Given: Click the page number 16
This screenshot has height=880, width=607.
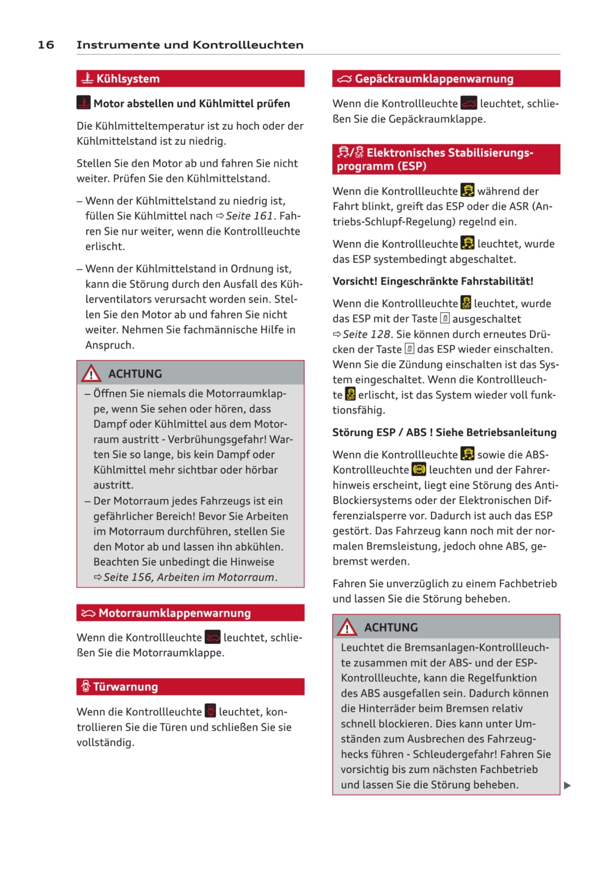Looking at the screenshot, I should coord(46,45).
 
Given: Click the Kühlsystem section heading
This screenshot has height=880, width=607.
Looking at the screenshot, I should coord(128,79).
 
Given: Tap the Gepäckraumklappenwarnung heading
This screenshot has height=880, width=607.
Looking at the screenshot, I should coord(434,79).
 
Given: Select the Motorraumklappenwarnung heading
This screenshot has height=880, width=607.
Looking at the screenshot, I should coord(174,613).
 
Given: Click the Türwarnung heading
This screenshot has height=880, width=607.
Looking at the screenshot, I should coord(125,687).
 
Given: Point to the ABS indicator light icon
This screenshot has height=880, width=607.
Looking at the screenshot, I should coord(419,470).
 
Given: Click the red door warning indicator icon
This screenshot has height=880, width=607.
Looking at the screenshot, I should coord(210,711).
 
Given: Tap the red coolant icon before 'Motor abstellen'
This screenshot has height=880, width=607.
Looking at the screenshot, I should coord(83,103).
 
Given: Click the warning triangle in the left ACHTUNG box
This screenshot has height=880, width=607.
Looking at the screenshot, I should coord(91,373).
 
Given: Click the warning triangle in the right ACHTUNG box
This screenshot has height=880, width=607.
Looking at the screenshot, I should coord(347,627).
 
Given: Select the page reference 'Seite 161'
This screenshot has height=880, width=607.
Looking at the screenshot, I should coord(249,216).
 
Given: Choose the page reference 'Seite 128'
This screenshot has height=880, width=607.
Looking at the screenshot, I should coord(367,334).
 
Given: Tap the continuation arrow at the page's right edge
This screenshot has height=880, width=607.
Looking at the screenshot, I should coord(567,785).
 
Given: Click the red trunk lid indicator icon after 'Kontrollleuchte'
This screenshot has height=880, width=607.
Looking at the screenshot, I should coord(469,103).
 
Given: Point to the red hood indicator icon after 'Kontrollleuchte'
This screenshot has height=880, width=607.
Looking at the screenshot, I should coord(213,637).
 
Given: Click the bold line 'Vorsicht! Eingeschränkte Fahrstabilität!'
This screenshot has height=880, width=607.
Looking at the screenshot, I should coord(433,281).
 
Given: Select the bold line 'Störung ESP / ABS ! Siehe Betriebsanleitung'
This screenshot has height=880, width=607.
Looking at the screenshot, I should coord(444,432).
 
